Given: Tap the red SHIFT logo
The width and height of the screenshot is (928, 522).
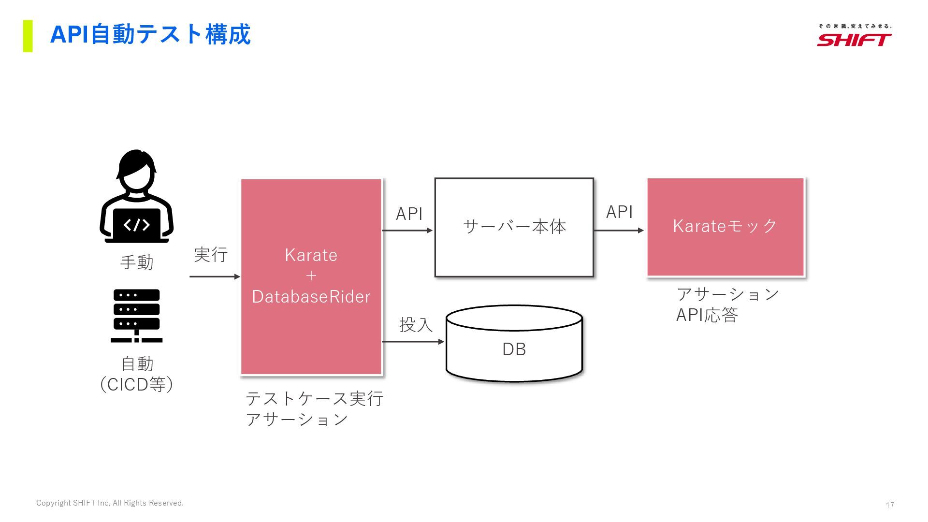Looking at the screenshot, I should click(854, 40).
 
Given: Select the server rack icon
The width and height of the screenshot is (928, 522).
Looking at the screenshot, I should click(137, 316).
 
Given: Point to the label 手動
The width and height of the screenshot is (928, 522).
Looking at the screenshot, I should click(137, 262).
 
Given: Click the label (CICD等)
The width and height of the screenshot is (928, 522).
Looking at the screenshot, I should click(137, 385).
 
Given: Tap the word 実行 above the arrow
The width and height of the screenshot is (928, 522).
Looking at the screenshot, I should click(211, 254).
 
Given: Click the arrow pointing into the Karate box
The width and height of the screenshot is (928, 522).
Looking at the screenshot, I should click(215, 276).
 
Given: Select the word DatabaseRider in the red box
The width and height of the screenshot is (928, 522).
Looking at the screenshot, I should click(311, 296).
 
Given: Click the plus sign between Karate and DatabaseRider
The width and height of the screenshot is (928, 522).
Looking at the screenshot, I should click(311, 276).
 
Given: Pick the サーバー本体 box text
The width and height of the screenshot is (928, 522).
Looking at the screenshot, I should click(514, 226).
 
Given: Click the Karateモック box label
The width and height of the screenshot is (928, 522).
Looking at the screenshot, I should click(725, 226).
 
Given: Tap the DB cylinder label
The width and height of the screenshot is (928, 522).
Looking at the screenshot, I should click(514, 349).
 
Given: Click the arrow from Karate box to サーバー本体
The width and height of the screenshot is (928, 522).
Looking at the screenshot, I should click(407, 231).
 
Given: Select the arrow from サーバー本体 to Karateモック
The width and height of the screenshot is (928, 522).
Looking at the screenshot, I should click(619, 231).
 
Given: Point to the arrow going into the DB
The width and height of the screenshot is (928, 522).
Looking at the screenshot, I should click(413, 342).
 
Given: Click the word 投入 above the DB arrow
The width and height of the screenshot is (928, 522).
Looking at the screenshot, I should click(416, 325).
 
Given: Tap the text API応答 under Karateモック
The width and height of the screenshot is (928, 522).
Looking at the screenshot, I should click(707, 315).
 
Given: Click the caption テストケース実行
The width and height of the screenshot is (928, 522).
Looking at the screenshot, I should click(315, 399).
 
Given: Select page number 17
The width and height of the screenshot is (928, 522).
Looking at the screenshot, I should click(890, 505).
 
